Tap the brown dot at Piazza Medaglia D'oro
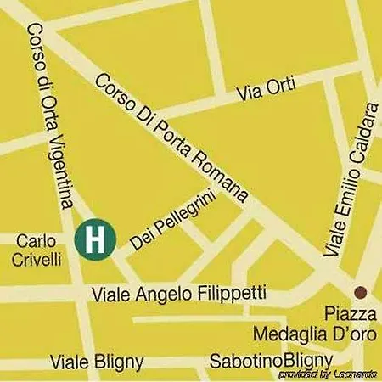360,291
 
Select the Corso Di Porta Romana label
172,139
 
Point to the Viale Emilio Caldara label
349,180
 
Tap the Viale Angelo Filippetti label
178,294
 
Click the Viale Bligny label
97,360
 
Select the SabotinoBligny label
259,360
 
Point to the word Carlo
36,242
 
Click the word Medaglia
289,334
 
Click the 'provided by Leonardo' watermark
328,374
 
